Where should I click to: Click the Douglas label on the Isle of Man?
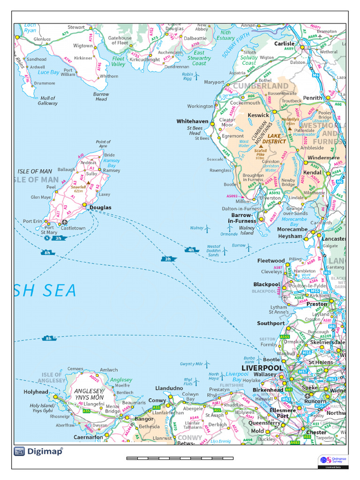(x=100, y=207)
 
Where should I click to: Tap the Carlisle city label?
(x=284, y=44)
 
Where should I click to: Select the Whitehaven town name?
(x=192, y=121)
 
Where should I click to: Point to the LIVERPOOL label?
(x=262, y=368)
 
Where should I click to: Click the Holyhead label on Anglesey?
(x=36, y=392)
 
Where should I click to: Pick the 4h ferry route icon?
(x=191, y=250)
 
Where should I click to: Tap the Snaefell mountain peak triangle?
(x=88, y=182)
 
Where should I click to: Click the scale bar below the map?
(x=180, y=457)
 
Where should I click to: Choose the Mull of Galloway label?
(x=47, y=100)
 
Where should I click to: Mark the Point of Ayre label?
(x=103, y=144)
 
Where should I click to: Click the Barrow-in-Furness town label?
(x=242, y=218)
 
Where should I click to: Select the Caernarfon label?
(x=88, y=437)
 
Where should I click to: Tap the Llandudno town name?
(x=169, y=389)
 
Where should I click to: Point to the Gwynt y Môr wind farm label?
(x=191, y=364)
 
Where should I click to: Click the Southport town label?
(x=270, y=323)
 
